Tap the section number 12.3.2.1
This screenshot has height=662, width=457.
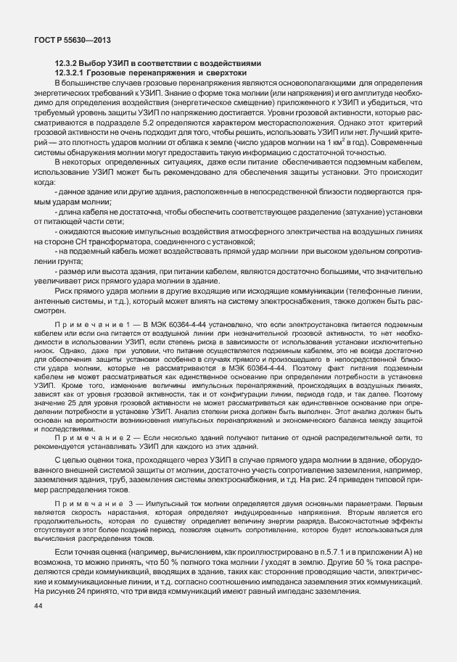click(73, 73)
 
